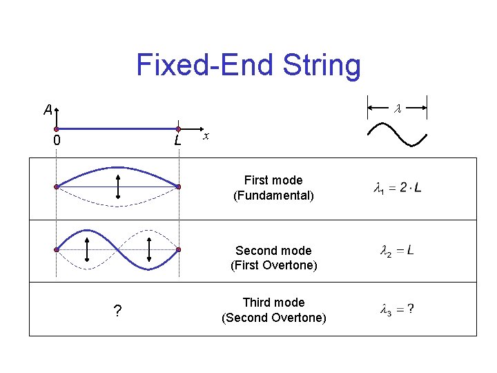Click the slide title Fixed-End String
248,66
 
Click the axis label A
47,110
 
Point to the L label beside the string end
178,141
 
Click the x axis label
205,137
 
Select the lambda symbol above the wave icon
397,108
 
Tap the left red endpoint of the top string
57,129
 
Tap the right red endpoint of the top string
178,129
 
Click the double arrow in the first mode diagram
118,187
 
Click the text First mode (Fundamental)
273,188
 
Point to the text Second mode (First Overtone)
273,258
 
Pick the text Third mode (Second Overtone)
273,310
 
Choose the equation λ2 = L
398,251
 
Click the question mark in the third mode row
117,312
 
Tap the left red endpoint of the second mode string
57,249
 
